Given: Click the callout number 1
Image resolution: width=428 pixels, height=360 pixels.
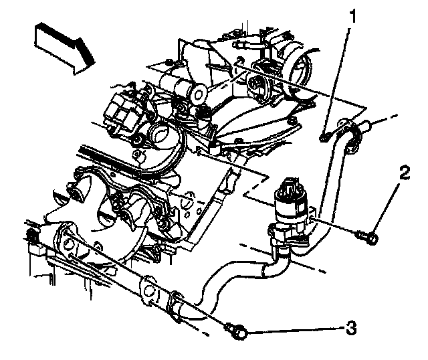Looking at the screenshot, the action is (x=353, y=16).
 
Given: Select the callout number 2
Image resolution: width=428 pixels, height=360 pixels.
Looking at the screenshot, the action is (x=405, y=173).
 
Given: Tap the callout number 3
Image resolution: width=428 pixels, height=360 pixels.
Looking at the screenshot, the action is (x=351, y=328).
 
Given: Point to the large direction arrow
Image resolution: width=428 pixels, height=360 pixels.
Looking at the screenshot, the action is (x=65, y=48).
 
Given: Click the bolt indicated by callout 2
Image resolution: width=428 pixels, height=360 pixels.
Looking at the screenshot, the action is (x=368, y=237).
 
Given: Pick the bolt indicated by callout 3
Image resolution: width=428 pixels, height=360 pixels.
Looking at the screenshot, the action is (x=237, y=331).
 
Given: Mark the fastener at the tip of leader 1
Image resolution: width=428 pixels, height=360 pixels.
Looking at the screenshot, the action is (x=323, y=137).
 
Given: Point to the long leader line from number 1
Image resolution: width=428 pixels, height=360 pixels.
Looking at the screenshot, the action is (x=336, y=80).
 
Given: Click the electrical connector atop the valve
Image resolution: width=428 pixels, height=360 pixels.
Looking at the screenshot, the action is (x=289, y=185).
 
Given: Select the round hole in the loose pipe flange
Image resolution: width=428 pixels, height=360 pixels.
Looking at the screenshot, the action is (x=148, y=291).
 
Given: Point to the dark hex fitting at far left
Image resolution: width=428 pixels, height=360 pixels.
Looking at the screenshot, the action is (x=31, y=236).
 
